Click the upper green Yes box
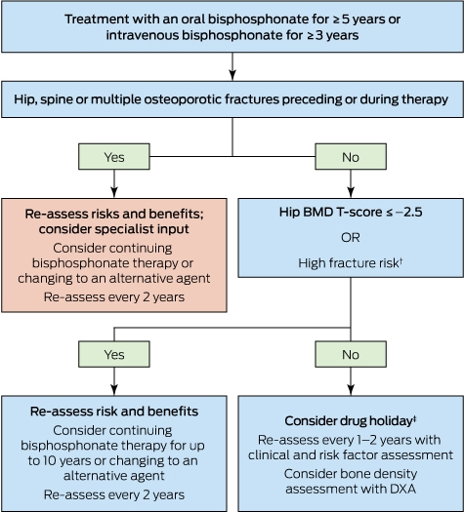[114, 156]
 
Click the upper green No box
[351, 156]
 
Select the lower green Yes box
[114, 354]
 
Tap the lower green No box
[351, 354]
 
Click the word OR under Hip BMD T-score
[351, 237]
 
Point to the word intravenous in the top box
[142, 35]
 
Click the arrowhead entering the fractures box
[232, 75]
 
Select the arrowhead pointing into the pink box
[114, 192]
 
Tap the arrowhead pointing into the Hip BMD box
[351, 192]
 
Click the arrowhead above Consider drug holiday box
[351, 390]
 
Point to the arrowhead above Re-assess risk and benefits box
[114, 390]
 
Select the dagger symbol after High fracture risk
[401, 260]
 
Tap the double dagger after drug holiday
[414, 418]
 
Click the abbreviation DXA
[401, 489]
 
